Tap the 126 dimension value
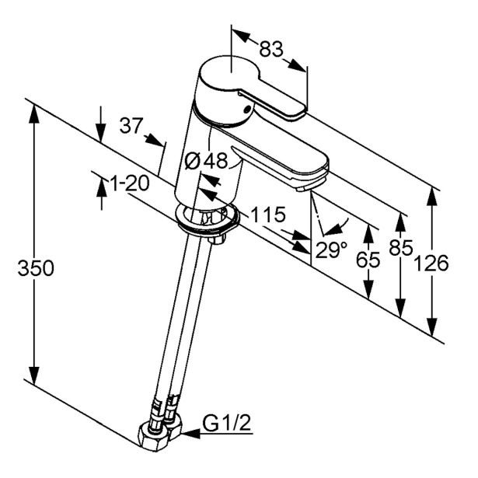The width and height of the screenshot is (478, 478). click(432, 263)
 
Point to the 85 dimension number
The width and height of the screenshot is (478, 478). click(401, 252)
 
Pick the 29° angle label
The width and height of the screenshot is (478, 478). click(332, 249)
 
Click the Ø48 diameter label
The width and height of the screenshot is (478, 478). click(207, 161)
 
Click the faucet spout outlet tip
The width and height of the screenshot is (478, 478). click(312, 183)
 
